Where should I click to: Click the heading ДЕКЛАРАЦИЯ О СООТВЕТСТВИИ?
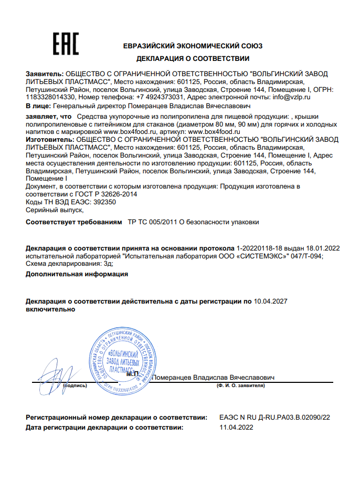193,58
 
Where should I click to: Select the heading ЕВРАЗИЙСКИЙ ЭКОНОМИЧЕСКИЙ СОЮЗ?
193,46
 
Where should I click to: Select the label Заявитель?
44,74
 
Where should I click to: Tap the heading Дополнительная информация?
77,274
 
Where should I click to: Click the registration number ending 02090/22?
275,418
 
